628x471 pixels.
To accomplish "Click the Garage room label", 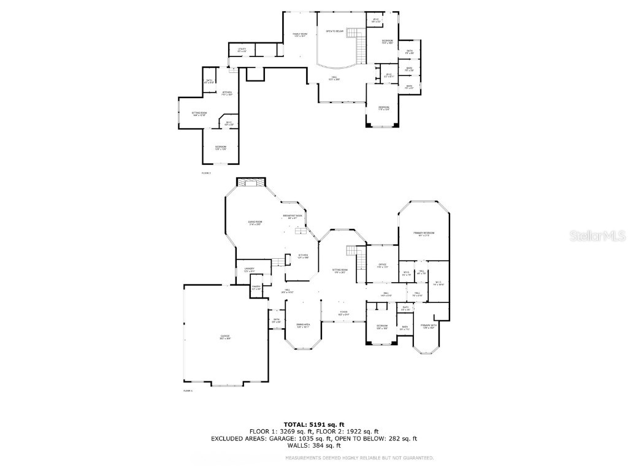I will [x=225, y=337].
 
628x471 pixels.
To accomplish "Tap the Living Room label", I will [x=255, y=222].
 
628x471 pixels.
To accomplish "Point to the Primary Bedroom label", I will [x=424, y=233].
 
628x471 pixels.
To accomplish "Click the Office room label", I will [x=382, y=265].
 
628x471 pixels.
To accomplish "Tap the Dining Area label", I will [x=303, y=324].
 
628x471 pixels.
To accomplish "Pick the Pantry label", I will [x=256, y=287].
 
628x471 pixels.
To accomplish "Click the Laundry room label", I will [x=249, y=269].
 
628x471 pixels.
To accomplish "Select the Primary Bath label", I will [x=428, y=326].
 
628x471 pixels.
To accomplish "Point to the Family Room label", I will [x=299, y=34].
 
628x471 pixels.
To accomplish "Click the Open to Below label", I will [x=334, y=31].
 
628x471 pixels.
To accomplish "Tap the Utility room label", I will [x=242, y=49].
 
